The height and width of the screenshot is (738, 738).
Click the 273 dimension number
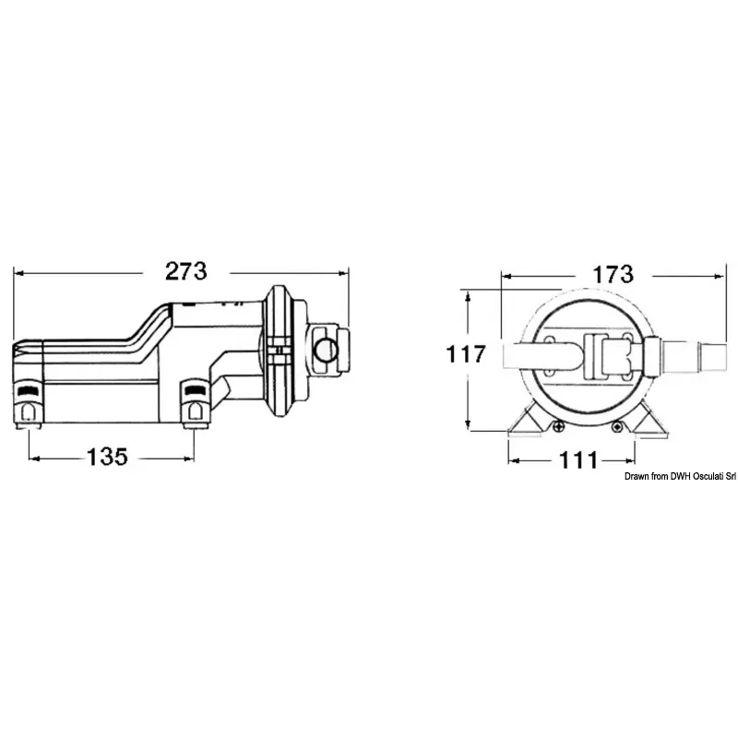pyautogui.click(x=186, y=271)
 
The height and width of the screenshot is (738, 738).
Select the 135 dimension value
pyautogui.click(x=107, y=457)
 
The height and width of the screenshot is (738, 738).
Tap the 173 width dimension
pyautogui.click(x=613, y=274)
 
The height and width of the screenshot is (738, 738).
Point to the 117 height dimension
pyautogui.click(x=466, y=354)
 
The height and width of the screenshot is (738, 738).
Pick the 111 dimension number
pyautogui.click(x=578, y=460)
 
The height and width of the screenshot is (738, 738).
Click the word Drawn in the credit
pyautogui.click(x=636, y=477)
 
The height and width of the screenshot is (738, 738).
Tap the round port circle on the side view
pyautogui.click(x=326, y=350)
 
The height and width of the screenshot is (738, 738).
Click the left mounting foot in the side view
pyautogui.click(x=30, y=403)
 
